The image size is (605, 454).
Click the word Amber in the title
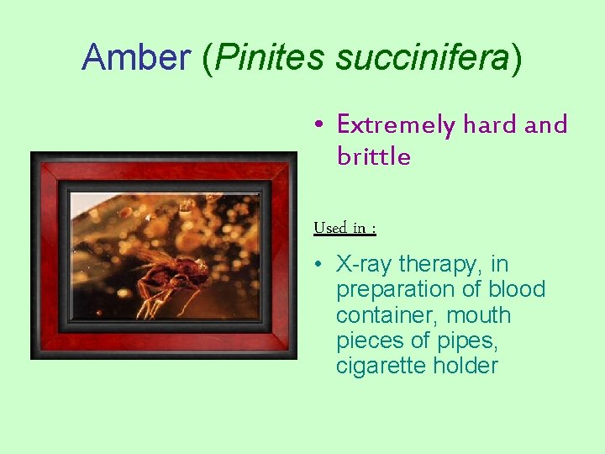pyautogui.click(x=136, y=57)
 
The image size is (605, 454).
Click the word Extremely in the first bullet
pyautogui.click(x=395, y=125)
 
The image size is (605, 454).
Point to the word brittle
pyautogui.click(x=373, y=156)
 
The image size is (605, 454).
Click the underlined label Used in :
pyautogui.click(x=345, y=228)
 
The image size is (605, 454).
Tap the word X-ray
pyautogui.click(x=365, y=264)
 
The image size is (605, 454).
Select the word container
pyautogui.click(x=380, y=315)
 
